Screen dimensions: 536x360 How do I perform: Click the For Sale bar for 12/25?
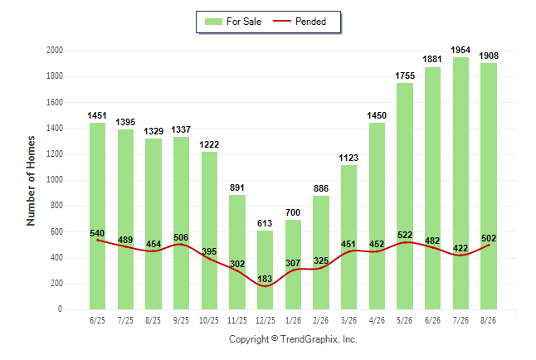pos(265,270)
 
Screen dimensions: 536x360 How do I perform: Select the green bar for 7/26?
pos(460,183)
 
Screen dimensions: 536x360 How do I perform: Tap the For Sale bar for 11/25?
pos(237,252)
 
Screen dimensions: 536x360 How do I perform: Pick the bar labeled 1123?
pos(348,237)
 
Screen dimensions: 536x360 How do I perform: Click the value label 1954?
pos(460,51)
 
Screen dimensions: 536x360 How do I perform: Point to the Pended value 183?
pos(265,279)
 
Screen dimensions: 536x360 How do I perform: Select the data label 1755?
pos(405,75)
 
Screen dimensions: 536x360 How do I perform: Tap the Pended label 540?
pos(97,233)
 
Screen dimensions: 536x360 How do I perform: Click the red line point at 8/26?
pos(489,246)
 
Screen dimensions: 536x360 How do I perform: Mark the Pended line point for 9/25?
pos(181,244)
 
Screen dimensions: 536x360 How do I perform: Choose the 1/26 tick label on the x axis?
pos(293,320)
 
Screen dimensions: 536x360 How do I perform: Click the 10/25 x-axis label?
pos(209,320)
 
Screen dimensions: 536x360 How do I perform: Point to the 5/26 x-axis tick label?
pos(405,320)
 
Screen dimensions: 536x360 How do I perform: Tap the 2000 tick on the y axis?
pos(55,51)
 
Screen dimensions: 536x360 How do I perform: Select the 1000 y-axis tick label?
pos(55,180)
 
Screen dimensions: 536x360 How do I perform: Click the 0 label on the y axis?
pos(61,309)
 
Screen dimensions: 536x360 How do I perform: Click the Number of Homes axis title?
pos(31,181)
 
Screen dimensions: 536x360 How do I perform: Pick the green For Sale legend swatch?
pos(213,22)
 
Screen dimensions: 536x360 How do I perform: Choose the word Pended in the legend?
pos(310,22)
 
